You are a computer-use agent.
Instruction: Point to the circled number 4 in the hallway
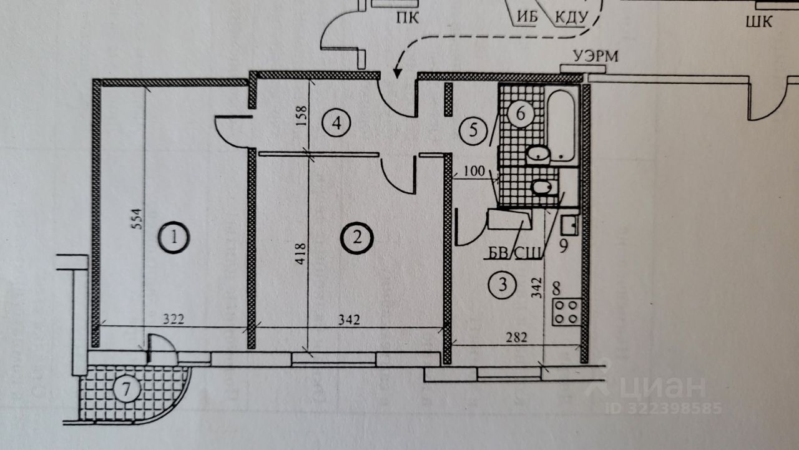point(336,122)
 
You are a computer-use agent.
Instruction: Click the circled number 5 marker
point(473,130)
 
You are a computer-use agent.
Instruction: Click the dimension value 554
point(139,218)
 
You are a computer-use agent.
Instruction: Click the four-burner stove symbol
point(567,311)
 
